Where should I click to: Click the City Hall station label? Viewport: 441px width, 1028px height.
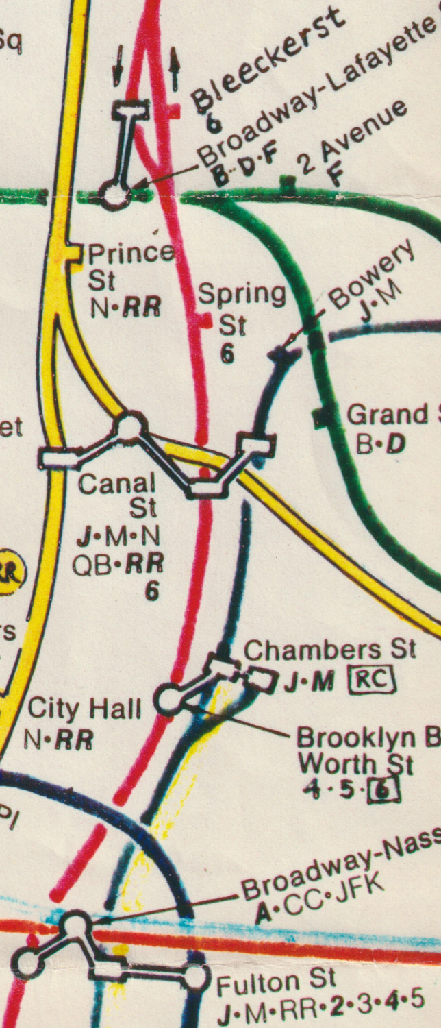84,709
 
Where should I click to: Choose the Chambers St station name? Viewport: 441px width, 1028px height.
330,649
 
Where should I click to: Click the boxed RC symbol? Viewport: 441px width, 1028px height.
373,680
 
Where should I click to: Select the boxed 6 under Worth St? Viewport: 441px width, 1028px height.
383,792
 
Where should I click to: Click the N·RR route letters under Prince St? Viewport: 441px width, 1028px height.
126,308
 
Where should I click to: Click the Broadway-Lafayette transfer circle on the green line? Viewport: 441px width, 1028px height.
115,196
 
